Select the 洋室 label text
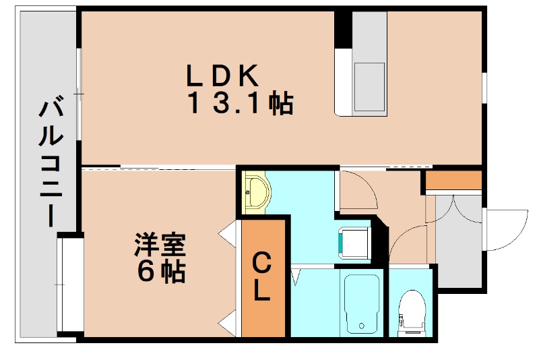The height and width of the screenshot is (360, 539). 160,245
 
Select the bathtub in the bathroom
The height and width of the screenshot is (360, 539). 362,303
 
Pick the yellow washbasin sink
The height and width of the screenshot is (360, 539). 256,192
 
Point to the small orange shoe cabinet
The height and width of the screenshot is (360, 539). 453,181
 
